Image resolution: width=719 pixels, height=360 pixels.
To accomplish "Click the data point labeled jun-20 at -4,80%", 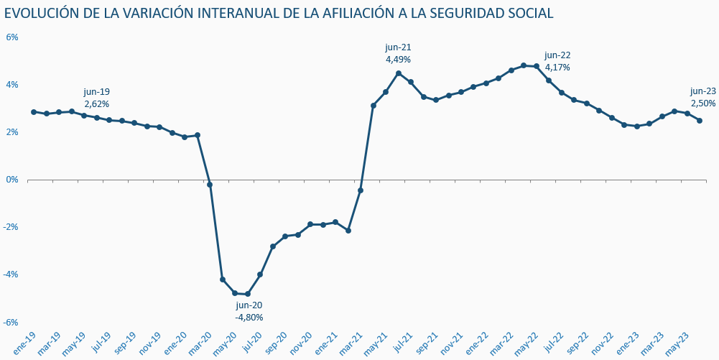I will pos(248,294).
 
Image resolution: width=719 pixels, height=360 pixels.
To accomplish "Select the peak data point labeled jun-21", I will pos(399,73).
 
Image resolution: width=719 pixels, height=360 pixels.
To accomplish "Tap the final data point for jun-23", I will pos(700,121).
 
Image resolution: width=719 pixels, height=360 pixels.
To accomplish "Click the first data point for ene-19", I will pos(34,112).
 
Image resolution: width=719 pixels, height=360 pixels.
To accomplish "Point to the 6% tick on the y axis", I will pos(12,37).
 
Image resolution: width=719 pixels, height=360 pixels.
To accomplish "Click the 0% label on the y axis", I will pos(12,180).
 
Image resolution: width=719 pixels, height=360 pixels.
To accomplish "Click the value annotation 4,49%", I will pos(398,60).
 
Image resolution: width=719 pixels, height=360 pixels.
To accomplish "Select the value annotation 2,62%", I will pos(97,104).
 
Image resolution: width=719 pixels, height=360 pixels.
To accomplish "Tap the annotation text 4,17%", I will pos(557,68).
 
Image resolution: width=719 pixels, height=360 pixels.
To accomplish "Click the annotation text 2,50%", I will pos(703,103).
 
